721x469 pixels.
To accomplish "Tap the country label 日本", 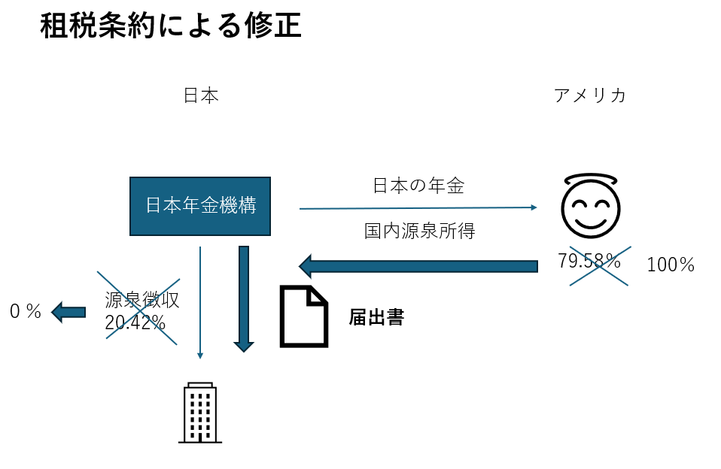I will (x=200, y=96).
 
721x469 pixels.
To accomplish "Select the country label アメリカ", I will (x=589, y=96).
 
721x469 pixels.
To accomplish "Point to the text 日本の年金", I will (x=418, y=186).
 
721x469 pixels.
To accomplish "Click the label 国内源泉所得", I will (x=419, y=231).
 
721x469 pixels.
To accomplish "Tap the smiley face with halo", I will (x=591, y=204).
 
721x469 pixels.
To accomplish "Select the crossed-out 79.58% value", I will (x=589, y=262).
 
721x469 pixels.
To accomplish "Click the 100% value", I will (x=670, y=265).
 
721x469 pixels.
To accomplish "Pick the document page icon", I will (x=304, y=316).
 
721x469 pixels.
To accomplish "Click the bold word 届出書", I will (x=376, y=317).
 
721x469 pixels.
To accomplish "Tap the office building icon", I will (x=200, y=413).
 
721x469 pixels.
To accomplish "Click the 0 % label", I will (x=26, y=311).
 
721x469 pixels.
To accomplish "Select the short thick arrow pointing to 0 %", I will (x=68, y=311).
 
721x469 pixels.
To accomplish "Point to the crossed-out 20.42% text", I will (x=135, y=322).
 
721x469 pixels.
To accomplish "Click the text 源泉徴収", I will (x=142, y=300).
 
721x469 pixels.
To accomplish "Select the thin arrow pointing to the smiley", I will (x=418, y=208).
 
